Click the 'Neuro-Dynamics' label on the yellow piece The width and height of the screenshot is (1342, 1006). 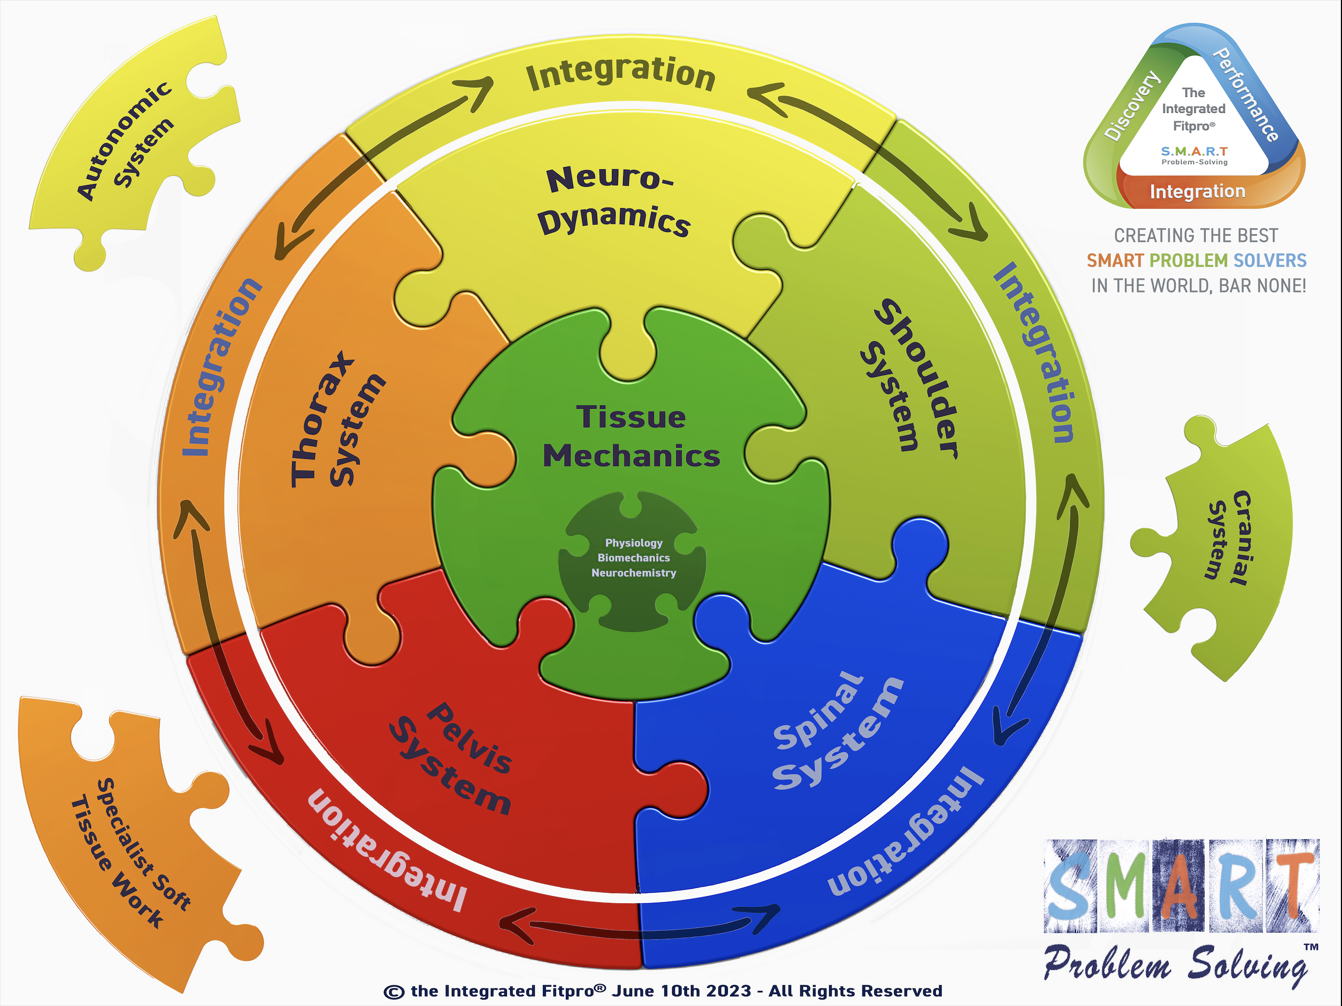pyautogui.click(x=614, y=200)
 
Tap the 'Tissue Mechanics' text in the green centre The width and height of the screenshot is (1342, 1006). pyautogui.click(x=631, y=437)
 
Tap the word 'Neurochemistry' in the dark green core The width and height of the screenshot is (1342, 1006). pyautogui.click(x=633, y=573)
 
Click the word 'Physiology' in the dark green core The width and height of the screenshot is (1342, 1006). pyautogui.click(x=633, y=542)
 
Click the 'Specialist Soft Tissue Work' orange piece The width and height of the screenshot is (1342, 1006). pyautogui.click(x=130, y=850)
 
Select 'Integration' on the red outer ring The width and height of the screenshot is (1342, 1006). pyautogui.click(x=388, y=850)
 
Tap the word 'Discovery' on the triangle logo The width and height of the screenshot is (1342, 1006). pyautogui.click(x=1131, y=106)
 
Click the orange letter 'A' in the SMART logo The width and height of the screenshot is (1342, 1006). pyautogui.click(x=1177, y=886)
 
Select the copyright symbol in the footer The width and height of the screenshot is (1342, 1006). pyautogui.click(x=394, y=992)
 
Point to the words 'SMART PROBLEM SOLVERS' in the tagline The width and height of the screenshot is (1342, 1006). pyautogui.click(x=1196, y=260)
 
